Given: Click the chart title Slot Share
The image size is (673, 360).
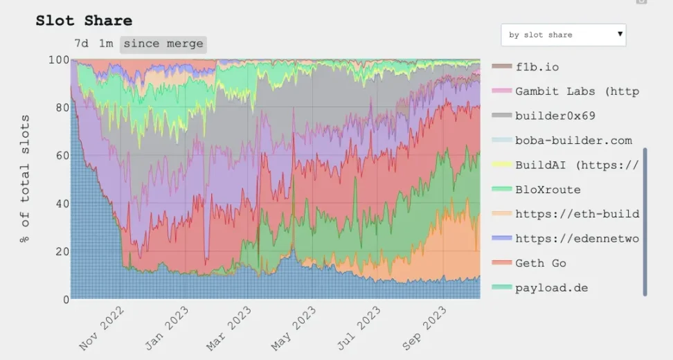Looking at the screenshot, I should [x=84, y=21].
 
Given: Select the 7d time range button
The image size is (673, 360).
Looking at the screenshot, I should [x=81, y=44].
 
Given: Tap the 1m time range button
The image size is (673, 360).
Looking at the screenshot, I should [x=105, y=44].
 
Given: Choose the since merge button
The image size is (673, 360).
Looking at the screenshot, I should [x=163, y=44].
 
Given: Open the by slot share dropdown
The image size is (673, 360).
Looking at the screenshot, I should [x=563, y=35].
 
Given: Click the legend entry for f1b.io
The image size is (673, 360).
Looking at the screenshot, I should [x=537, y=67].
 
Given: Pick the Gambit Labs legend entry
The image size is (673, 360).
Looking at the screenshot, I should [x=576, y=91].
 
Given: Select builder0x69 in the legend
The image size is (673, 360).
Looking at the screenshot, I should [x=555, y=116].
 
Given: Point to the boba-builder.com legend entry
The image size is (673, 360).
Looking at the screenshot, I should [x=573, y=141].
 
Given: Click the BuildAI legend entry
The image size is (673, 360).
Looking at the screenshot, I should [x=576, y=165].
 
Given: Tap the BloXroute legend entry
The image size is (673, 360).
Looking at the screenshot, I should [x=548, y=190].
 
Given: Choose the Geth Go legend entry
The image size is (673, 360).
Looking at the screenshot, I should [x=540, y=263].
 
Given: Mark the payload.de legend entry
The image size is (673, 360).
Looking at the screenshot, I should [x=551, y=287].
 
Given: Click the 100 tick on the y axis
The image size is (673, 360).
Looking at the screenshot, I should [x=58, y=60].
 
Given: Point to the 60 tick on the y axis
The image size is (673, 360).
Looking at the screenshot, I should [x=61, y=156].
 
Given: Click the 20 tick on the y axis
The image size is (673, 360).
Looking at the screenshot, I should [x=61, y=251].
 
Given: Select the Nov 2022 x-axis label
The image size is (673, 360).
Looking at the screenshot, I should [x=102, y=328].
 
